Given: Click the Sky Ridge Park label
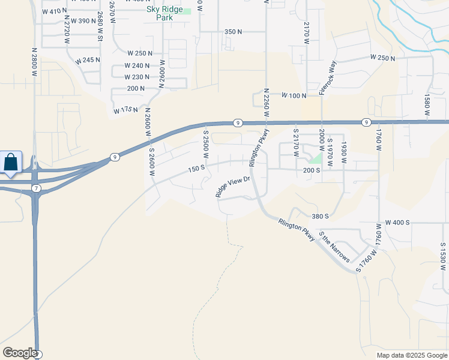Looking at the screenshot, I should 165,14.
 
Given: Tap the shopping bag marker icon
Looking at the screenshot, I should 11,162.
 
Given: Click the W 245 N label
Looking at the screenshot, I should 88,60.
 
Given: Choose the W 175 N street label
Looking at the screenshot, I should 125,110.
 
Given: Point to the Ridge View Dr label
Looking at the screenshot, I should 232,187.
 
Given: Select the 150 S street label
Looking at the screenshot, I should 196,169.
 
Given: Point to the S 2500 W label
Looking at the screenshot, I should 205,145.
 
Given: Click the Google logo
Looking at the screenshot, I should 20,352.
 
